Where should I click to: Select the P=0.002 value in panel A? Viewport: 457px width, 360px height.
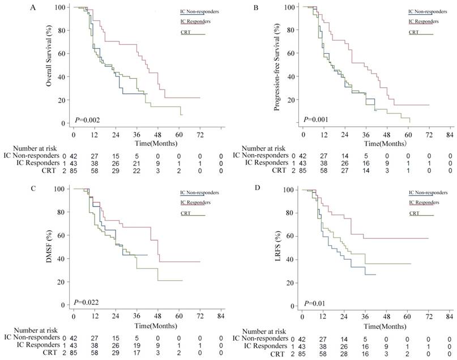coord(87,120)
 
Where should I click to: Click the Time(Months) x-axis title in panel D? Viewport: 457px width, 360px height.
coord(382,327)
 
